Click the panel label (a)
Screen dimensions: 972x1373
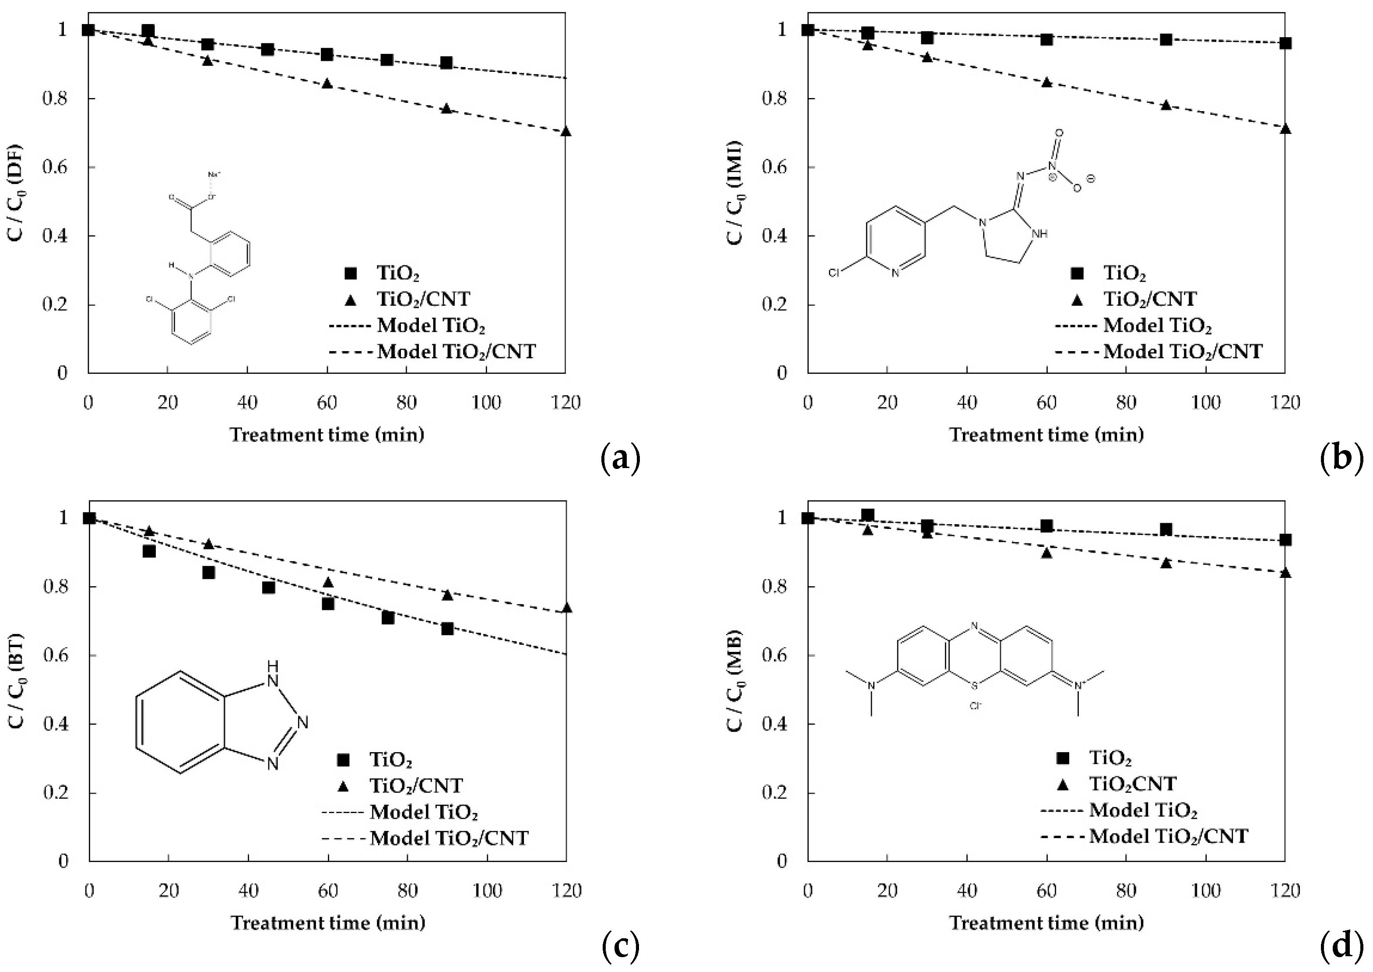click(620, 459)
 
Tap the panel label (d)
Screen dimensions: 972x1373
click(1341, 946)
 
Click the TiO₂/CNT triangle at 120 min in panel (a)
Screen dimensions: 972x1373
click(566, 131)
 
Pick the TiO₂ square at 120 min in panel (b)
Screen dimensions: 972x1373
click(1285, 43)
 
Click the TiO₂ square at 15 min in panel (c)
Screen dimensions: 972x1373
click(149, 551)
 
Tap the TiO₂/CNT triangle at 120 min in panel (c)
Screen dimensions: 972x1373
click(566, 608)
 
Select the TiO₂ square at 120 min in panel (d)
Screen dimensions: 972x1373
click(1285, 540)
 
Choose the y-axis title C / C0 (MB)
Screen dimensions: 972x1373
click(735, 680)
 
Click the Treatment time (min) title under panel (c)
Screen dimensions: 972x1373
click(328, 923)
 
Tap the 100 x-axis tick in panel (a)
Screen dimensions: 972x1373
click(486, 403)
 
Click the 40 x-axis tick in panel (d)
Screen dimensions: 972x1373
click(967, 891)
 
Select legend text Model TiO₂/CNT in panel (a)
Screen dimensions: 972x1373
click(456, 351)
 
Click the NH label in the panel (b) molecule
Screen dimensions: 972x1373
click(1040, 234)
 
